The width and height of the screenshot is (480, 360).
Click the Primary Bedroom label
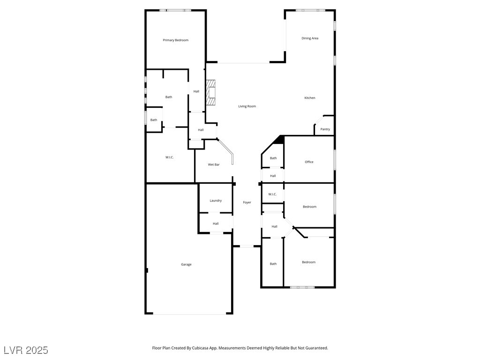click(175, 40)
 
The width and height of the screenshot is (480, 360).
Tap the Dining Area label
click(310, 38)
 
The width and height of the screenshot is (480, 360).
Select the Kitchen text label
click(310, 98)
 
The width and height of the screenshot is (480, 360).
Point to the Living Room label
click(247, 106)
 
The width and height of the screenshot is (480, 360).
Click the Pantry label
click(325, 129)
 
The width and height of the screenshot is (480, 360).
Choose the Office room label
click(309, 162)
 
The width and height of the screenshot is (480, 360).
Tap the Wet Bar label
click(214, 165)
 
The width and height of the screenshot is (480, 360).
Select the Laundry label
click(216, 201)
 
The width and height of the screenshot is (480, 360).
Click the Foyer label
click(247, 202)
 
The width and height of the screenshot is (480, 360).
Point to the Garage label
click(186, 264)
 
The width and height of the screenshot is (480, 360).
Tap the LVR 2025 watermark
click(26, 350)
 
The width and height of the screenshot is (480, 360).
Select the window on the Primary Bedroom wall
click(175, 10)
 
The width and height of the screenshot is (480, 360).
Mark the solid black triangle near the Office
click(279, 140)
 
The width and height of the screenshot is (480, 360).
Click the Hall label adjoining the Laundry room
click(216, 224)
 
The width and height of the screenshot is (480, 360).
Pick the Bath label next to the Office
click(273, 158)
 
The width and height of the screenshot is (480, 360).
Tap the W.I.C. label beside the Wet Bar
click(170, 157)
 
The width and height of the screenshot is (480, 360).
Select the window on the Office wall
click(334, 160)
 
